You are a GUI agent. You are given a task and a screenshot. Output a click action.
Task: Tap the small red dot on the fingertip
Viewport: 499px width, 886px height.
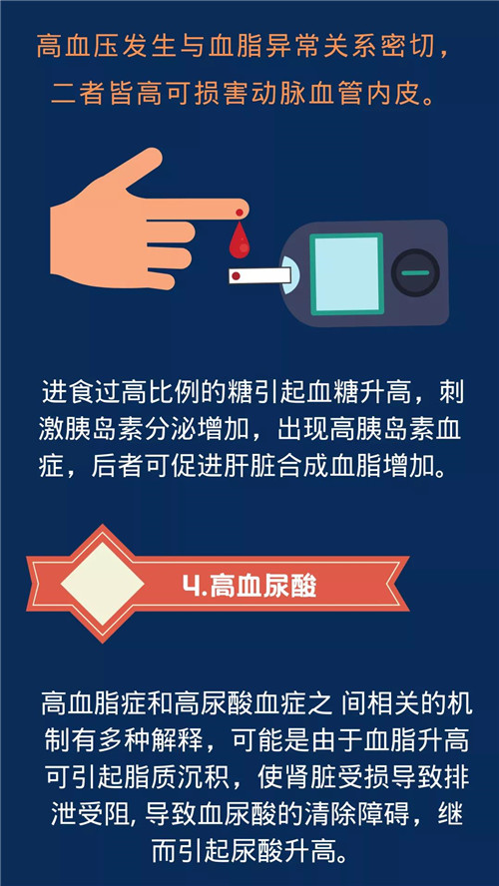coord(240,214)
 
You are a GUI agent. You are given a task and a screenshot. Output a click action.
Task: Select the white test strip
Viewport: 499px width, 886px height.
coord(259,276)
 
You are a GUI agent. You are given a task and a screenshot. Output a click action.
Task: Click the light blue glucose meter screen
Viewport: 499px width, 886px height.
coord(346,274)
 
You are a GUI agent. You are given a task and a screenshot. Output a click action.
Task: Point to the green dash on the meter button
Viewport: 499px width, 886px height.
coord(415,273)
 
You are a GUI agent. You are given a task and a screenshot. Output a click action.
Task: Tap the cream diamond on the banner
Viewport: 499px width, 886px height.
coord(102,584)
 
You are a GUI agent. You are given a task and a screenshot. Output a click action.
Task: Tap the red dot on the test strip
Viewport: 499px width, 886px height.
coord(236,276)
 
